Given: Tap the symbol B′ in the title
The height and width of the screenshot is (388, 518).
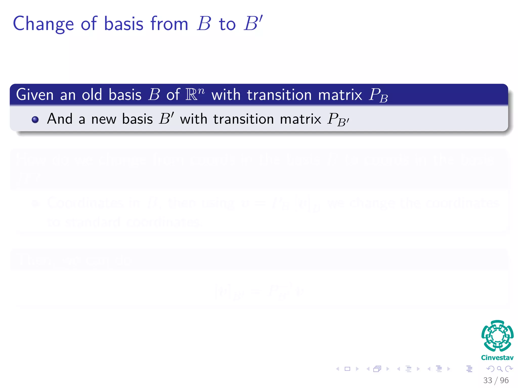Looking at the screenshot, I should [253, 23].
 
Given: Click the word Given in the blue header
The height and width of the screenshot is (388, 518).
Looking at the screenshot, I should [35, 95].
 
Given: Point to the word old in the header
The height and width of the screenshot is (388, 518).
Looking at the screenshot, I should [92, 95].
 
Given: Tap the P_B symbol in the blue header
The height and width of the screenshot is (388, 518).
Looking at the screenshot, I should [378, 95].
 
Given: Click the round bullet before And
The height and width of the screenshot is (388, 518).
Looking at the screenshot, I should [35, 119].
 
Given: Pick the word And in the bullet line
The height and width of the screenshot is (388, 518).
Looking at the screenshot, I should [60, 119].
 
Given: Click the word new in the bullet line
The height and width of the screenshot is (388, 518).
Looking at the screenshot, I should [103, 119].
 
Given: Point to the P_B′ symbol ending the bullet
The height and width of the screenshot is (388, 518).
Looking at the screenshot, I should [338, 119].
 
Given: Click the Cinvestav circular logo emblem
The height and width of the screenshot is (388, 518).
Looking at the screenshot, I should [497, 336].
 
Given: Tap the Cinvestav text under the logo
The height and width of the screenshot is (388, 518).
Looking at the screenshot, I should [497, 358].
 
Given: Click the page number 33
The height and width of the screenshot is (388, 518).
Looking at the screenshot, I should [488, 380].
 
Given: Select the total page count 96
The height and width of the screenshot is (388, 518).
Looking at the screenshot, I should [504, 380].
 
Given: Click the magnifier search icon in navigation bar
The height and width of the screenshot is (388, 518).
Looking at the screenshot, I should [500, 369].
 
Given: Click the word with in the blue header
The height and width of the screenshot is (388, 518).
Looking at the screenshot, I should [226, 95].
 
